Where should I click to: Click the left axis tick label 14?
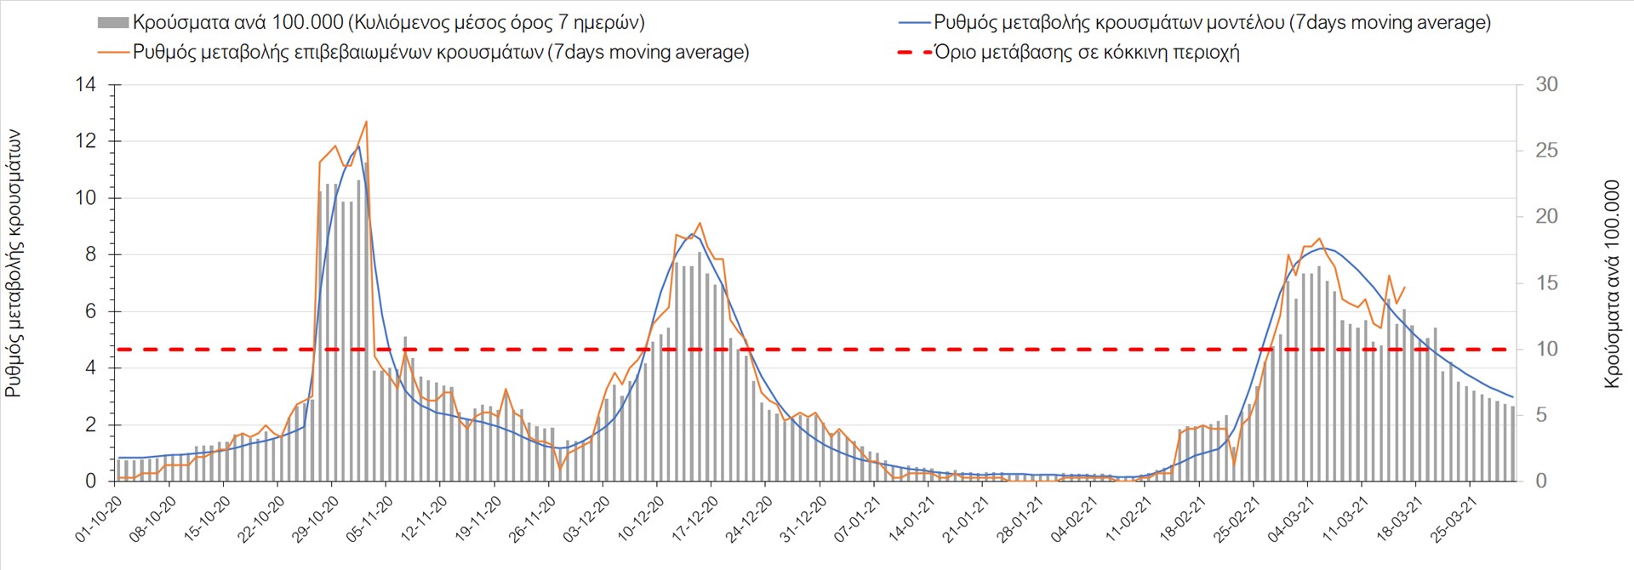[86, 84]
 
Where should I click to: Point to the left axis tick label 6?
[91, 311]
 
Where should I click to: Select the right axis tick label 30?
[1546, 84]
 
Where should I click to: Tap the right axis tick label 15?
[1546, 282]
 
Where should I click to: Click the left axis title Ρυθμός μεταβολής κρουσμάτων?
[14, 264]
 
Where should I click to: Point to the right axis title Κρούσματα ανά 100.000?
[1611, 284]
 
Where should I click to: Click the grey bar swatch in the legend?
[113, 23]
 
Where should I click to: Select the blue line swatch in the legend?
[915, 23]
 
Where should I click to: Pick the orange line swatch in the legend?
[113, 52]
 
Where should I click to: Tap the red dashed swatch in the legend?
[915, 52]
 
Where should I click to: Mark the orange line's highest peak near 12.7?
[366, 122]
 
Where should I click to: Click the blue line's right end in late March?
[1512, 396]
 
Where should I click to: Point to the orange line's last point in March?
[1404, 288]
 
